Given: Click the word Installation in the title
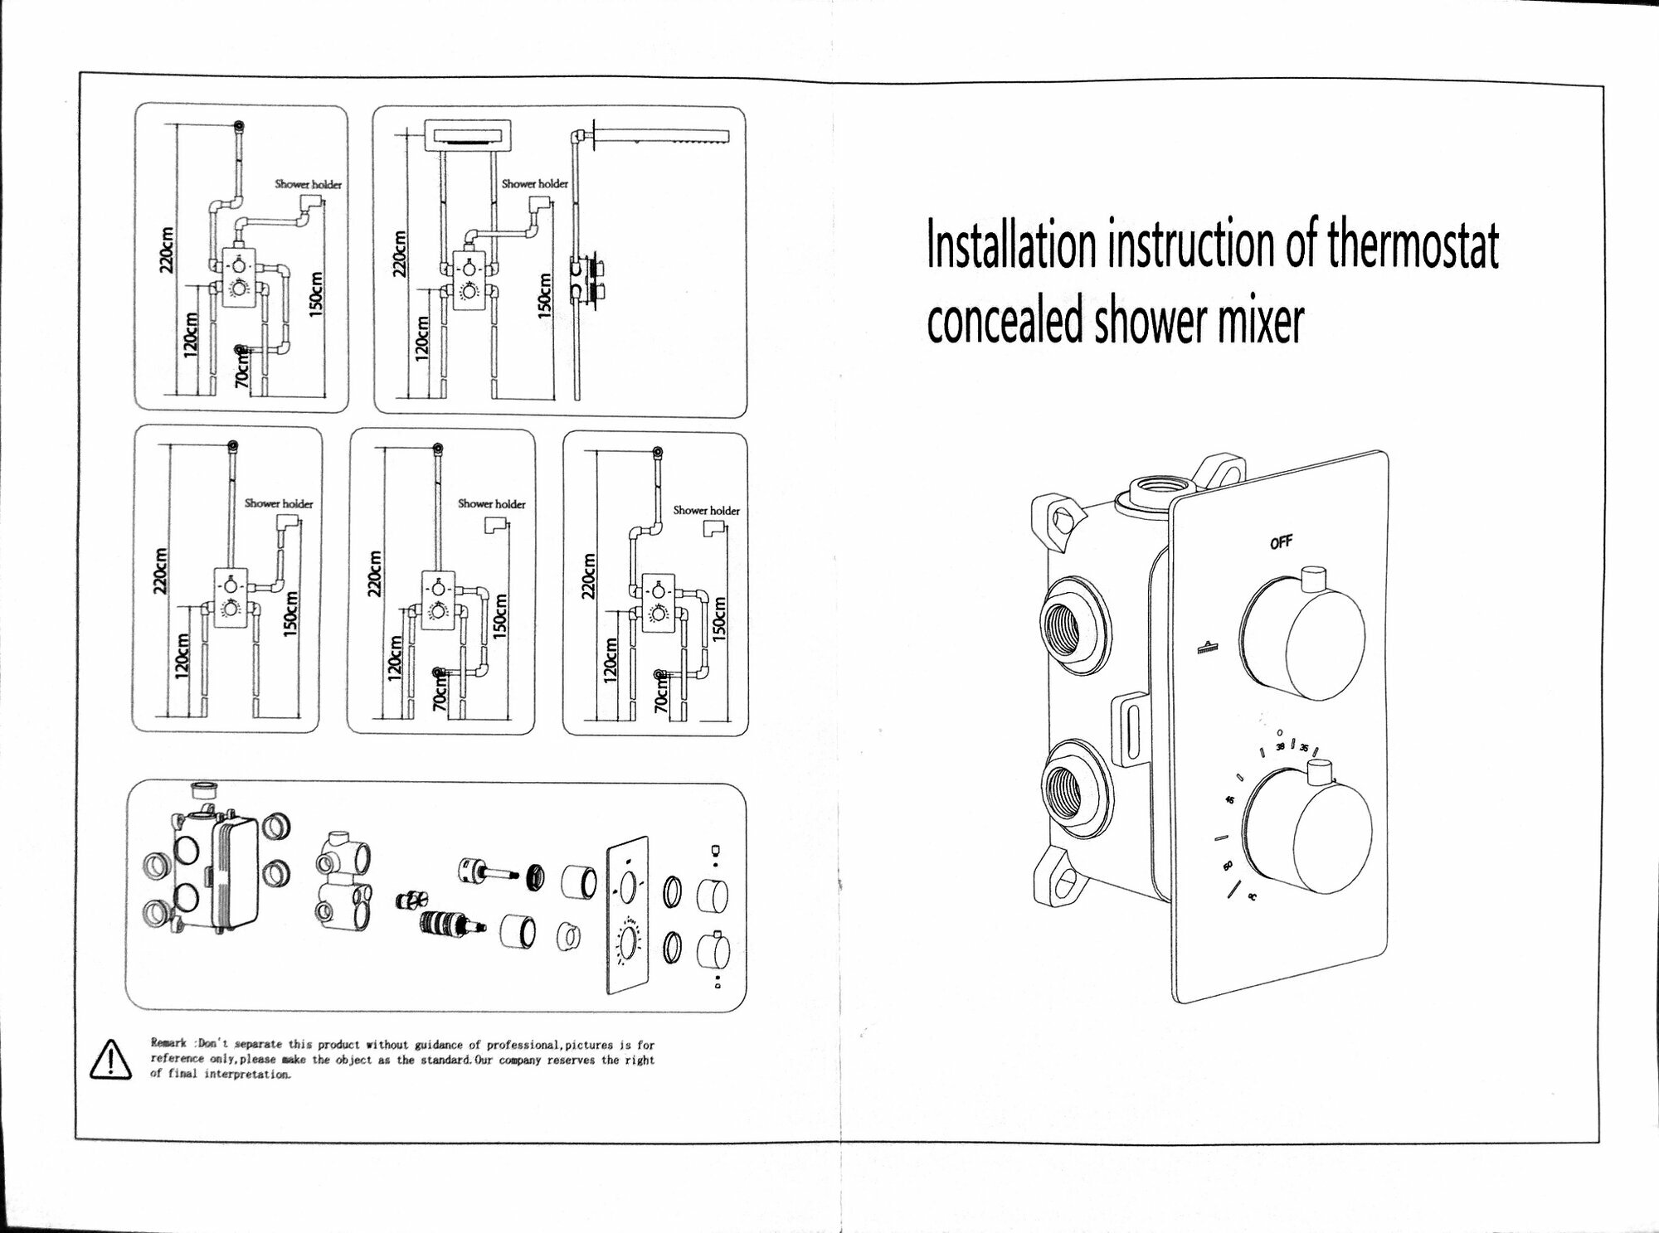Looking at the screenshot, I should pyautogui.click(x=1011, y=245).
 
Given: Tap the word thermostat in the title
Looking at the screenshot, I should pyautogui.click(x=1412, y=245).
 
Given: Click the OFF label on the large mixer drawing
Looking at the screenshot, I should pyautogui.click(x=1281, y=543).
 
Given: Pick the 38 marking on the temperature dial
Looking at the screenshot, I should pyautogui.click(x=1280, y=747).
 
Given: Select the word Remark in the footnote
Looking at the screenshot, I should pyautogui.click(x=168, y=1044).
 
